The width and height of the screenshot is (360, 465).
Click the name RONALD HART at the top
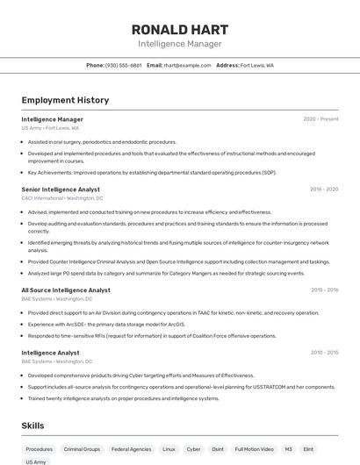click(180, 29)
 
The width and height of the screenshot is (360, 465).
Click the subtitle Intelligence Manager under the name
click(180, 44)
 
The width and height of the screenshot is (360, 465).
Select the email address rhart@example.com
click(187, 65)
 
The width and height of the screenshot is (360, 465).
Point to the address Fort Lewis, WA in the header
click(256, 65)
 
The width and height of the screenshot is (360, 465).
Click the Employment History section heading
click(65, 100)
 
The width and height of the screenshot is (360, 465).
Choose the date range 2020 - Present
click(320, 119)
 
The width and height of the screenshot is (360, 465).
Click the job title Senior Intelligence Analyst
click(61, 190)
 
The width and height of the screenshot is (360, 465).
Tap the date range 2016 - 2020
click(323, 190)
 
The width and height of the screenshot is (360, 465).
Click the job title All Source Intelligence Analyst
click(66, 290)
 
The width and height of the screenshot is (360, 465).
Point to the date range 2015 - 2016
click(324, 290)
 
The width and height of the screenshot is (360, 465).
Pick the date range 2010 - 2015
click(324, 353)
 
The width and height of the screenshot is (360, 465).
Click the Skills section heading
click(32, 426)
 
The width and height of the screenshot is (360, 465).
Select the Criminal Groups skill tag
click(82, 449)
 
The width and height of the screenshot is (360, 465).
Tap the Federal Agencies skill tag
click(131, 449)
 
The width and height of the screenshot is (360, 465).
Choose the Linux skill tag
click(169, 449)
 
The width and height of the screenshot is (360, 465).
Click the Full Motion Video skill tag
click(254, 449)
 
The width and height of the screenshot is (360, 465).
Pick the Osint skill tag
click(217, 449)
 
